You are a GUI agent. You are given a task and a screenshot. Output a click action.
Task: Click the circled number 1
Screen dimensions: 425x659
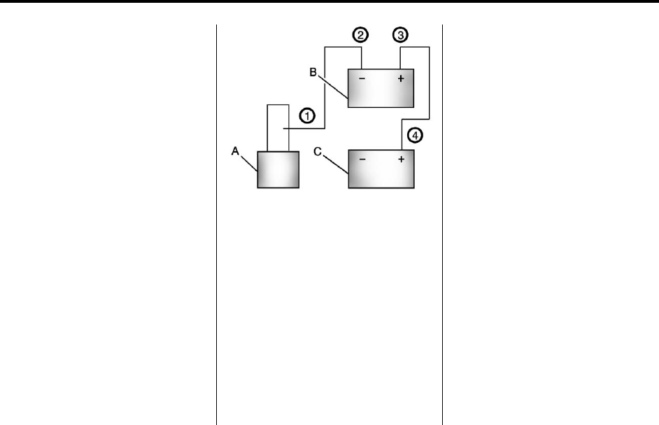coord(306,116)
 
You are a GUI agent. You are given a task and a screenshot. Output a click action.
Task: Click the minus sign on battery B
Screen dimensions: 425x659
coord(362,78)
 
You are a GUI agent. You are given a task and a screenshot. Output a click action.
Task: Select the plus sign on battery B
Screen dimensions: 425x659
coord(401,78)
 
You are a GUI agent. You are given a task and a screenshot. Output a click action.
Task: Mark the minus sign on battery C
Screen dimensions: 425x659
coord(362,159)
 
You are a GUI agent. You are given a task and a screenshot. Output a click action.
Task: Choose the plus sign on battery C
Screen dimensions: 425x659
coord(401,159)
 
